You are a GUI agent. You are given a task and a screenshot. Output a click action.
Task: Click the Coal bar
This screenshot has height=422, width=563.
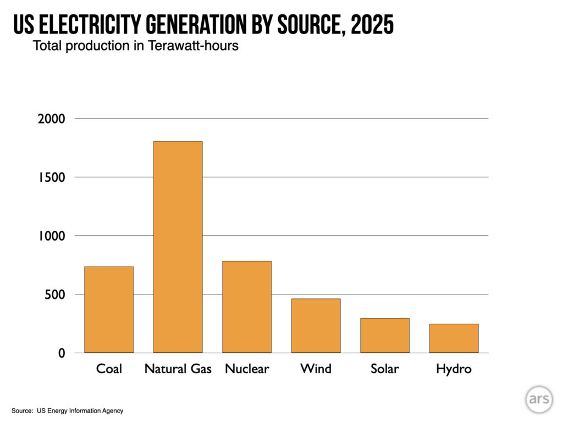tap(109, 309)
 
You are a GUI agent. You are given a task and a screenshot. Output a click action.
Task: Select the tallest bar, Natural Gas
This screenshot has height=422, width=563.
tap(178, 247)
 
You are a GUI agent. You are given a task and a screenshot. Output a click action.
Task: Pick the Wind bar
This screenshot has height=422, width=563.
tap(316, 325)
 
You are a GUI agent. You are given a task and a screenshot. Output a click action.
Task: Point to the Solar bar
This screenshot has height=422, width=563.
tap(385, 335)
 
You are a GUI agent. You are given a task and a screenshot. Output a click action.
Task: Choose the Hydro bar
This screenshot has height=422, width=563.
tap(454, 338)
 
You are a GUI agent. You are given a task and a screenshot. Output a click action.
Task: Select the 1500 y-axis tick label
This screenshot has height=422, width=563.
tap(51, 177)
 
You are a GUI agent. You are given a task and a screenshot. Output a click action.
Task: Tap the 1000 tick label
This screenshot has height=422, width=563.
tap(51, 236)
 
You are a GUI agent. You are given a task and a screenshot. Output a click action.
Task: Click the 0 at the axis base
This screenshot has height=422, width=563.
tap(62, 353)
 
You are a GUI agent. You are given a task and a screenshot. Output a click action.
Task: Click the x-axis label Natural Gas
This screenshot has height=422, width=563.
tap(178, 369)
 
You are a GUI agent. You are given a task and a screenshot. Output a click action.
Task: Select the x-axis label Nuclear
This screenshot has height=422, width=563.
tap(247, 369)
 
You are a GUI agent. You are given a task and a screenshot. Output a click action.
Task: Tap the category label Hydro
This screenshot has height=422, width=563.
tap(454, 369)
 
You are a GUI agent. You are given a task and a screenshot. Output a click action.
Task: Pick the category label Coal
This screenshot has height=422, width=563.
tap(109, 369)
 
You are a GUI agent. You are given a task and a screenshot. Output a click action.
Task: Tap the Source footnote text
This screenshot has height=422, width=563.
tap(67, 410)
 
